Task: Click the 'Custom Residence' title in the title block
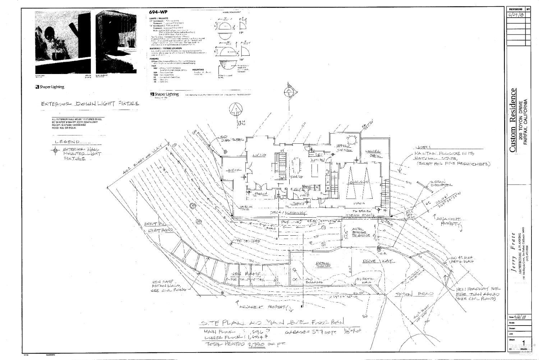click(x=513, y=120)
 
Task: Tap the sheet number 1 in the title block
click(x=527, y=342)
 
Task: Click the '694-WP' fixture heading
click(x=157, y=12)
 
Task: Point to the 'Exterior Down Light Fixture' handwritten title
click(x=90, y=104)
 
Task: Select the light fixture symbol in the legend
click(x=55, y=151)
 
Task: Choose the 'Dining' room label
click(x=296, y=177)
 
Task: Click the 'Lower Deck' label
click(x=373, y=153)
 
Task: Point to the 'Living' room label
click(x=259, y=155)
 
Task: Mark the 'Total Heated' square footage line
click(x=244, y=344)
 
